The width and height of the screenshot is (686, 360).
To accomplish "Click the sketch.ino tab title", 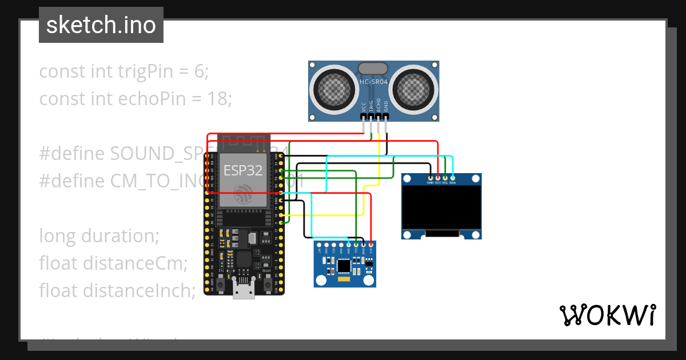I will [101, 25].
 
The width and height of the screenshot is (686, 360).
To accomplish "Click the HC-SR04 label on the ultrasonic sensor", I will [374, 82].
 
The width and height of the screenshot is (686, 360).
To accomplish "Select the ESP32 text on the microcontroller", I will [243, 170].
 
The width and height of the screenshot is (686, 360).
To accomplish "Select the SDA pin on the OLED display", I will [452, 178].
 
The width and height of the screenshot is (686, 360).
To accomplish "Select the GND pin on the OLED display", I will [430, 178].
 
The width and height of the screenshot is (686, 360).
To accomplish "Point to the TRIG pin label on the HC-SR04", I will [370, 106].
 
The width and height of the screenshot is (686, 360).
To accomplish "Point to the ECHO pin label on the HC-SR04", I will [378, 106].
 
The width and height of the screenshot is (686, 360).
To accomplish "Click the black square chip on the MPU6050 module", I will [344, 266].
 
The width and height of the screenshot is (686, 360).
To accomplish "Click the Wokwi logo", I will [607, 315].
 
